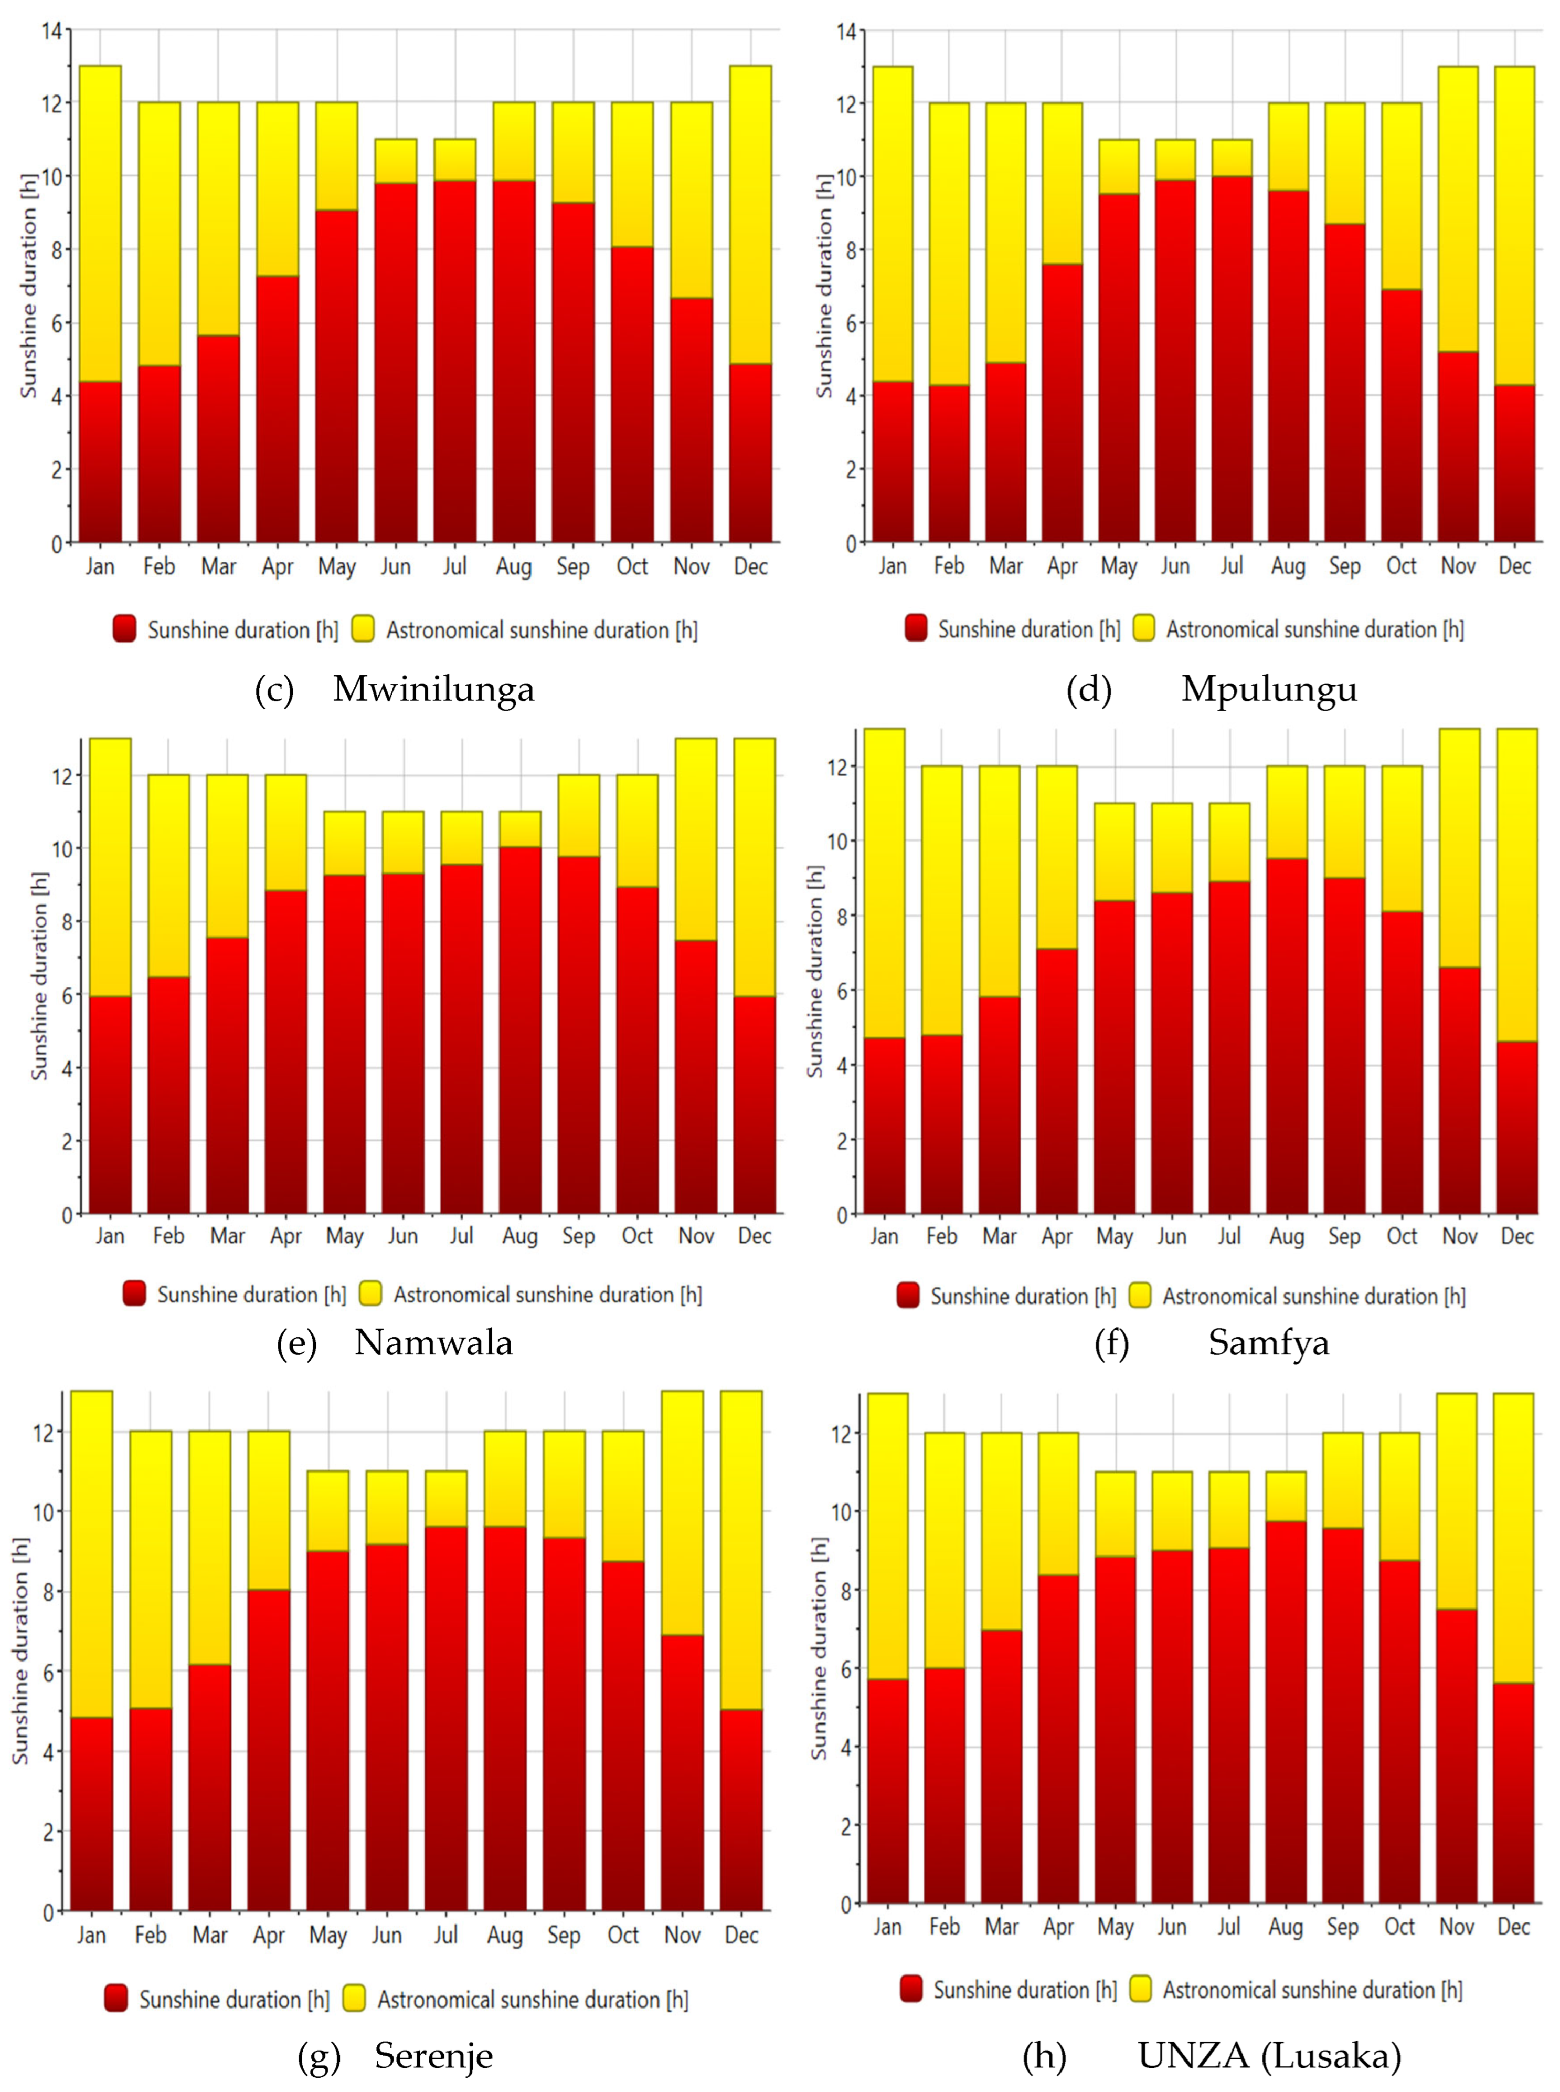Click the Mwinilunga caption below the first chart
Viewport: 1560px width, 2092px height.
click(433, 689)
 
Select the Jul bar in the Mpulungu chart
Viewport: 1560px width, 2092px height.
click(1232, 340)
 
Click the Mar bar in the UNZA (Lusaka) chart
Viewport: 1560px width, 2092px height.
click(1001, 1668)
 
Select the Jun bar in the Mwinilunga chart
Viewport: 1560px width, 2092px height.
click(396, 340)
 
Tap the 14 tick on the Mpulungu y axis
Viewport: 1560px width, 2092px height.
click(846, 32)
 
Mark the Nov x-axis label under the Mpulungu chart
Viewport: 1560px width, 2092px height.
click(1458, 566)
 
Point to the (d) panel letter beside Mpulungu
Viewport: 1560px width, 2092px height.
click(1089, 689)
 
